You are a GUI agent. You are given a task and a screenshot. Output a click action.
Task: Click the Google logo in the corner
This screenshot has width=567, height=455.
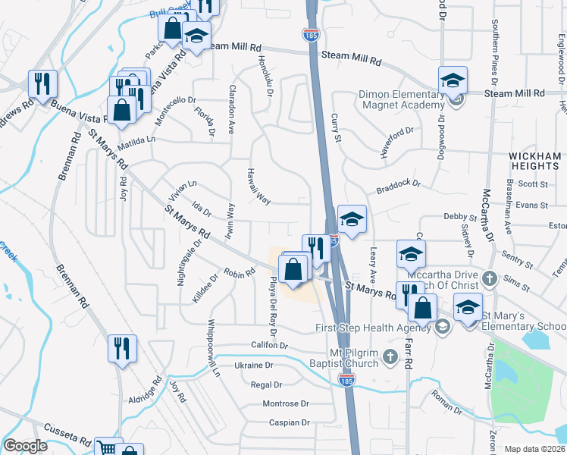[x=25, y=446]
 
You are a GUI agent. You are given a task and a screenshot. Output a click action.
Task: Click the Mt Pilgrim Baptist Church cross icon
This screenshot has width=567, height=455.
[x=390, y=356]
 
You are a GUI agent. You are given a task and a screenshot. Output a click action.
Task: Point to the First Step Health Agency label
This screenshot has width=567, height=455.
[x=374, y=328]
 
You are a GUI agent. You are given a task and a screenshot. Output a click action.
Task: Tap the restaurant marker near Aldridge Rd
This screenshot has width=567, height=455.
[x=121, y=350]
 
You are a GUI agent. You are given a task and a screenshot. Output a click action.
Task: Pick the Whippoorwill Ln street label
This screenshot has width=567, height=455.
[x=214, y=348]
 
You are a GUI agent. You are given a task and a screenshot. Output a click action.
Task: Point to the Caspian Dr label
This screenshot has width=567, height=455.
[x=285, y=422]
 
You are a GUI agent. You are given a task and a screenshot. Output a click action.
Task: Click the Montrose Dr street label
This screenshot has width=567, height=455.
[x=286, y=403]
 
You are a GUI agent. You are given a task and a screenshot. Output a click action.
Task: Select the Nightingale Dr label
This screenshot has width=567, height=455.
[x=189, y=262]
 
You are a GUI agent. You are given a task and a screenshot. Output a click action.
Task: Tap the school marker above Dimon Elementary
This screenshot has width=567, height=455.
[x=453, y=80]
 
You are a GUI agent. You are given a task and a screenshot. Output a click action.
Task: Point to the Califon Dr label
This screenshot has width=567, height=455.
[x=270, y=345]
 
